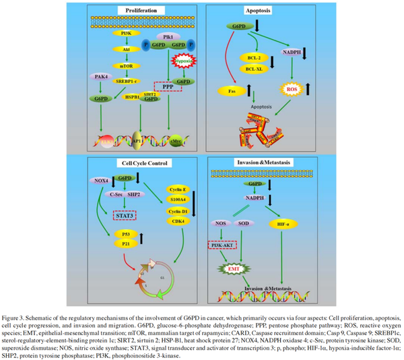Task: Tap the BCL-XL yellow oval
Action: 255,69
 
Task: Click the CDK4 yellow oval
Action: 178,221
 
